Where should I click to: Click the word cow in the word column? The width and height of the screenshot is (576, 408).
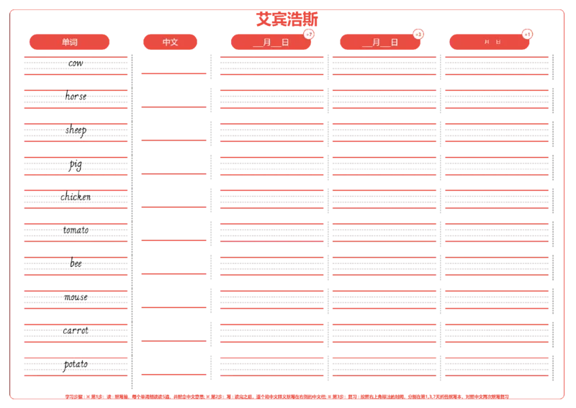click(x=76, y=63)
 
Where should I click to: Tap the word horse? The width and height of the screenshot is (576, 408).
click(x=76, y=97)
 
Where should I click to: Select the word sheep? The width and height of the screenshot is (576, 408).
click(x=76, y=130)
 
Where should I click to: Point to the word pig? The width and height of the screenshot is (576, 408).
click(x=76, y=165)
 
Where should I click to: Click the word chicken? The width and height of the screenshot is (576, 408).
click(x=76, y=197)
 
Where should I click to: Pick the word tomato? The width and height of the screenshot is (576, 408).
click(x=76, y=230)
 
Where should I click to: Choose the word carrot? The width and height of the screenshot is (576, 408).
click(x=76, y=331)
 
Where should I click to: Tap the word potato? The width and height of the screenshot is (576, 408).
click(x=76, y=364)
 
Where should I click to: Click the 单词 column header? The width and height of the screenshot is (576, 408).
click(x=70, y=42)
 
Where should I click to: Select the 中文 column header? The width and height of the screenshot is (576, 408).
click(x=171, y=42)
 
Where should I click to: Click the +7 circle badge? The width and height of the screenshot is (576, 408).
click(x=309, y=34)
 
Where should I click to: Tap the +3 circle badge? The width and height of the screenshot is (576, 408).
click(x=418, y=34)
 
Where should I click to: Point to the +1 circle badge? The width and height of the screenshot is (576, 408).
click(x=527, y=34)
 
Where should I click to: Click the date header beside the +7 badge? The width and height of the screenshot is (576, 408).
click(x=271, y=42)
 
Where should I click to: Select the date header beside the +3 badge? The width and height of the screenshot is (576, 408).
click(x=380, y=42)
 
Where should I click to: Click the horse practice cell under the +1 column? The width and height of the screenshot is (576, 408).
click(x=496, y=97)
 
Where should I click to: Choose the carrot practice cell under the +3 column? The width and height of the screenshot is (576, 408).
click(x=384, y=332)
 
